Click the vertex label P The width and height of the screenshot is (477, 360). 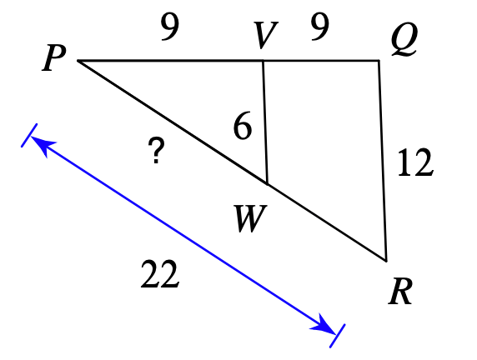click(x=54, y=57)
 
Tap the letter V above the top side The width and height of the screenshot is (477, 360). click(x=265, y=35)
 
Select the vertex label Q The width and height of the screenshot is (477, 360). click(x=404, y=39)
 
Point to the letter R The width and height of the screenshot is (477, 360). click(x=400, y=291)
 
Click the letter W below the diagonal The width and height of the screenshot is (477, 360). click(x=250, y=218)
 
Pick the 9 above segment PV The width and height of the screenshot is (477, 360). click(x=170, y=27)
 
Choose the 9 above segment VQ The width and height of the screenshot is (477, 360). click(x=320, y=27)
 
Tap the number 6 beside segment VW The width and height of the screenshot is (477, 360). click(x=243, y=126)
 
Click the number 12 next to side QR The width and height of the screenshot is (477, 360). click(x=415, y=162)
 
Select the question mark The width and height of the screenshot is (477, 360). click(x=156, y=150)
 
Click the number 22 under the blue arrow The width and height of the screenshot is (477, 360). click(x=160, y=274)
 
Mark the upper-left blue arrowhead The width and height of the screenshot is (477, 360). click(x=43, y=145)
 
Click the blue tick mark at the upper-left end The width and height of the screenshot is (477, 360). click(x=29, y=135)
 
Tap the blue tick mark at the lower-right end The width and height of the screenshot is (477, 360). click(x=338, y=336)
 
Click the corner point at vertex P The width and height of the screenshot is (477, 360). click(x=78, y=61)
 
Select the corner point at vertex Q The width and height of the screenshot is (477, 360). click(x=379, y=61)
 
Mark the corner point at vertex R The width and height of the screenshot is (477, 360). click(x=386, y=261)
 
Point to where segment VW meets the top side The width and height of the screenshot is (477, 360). click(x=263, y=61)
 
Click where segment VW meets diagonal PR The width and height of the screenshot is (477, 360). click(x=267, y=183)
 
